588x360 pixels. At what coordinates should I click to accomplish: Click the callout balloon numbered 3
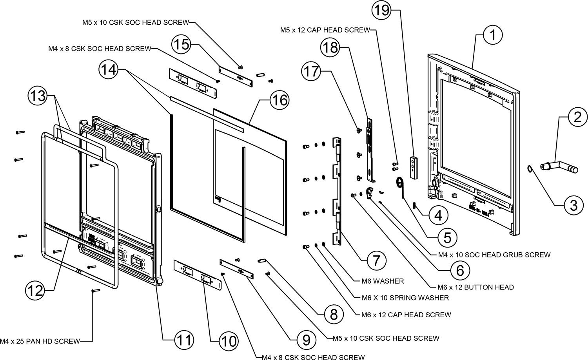573,204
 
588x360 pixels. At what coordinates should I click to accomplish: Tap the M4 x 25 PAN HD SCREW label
40,341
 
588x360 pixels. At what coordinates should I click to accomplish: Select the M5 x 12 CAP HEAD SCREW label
325,30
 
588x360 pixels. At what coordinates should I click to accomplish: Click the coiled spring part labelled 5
400,183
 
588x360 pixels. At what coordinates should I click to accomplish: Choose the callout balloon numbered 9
306,339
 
